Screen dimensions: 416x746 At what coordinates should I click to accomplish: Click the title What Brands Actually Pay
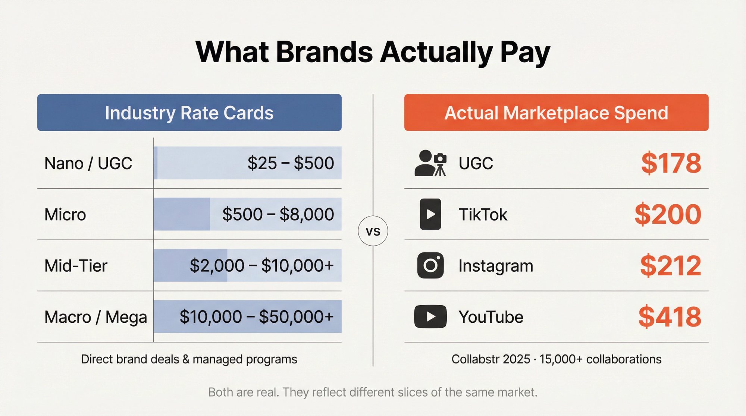373,52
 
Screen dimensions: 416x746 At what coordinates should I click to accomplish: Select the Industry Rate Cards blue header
189,113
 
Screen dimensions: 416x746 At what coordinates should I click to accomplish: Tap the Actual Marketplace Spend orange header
556,113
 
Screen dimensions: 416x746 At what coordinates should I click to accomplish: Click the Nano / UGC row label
88,163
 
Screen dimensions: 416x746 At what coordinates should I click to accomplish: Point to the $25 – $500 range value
291,163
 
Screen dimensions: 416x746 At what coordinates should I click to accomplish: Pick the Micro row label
65,215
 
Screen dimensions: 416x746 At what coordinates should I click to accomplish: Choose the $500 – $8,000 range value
278,214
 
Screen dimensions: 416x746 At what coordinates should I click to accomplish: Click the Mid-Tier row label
76,266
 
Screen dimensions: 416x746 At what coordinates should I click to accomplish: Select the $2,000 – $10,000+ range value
261,265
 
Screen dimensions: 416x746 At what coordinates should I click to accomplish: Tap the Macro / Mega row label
95,317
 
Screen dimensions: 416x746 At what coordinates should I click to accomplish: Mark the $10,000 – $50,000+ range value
256,317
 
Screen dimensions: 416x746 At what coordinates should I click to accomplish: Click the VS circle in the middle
373,231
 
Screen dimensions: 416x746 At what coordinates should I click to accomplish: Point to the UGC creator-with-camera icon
430,163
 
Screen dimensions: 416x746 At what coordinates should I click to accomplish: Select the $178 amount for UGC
671,163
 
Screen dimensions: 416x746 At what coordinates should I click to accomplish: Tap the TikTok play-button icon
430,214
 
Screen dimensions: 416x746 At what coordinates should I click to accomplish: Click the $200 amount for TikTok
668,214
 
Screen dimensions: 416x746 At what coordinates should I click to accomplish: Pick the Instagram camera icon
430,265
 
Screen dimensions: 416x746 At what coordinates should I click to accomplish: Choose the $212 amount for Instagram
671,265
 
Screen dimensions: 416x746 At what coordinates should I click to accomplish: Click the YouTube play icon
430,317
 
